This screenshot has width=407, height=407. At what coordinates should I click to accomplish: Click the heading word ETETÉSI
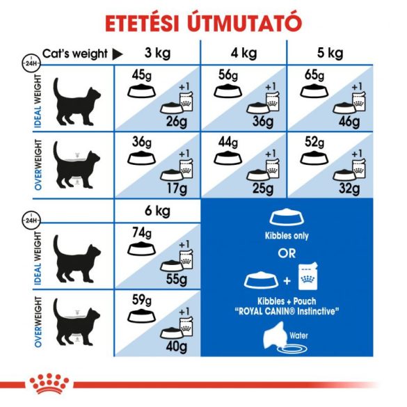click(x=145, y=22)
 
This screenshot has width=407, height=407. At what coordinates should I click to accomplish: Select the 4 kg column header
click(x=244, y=54)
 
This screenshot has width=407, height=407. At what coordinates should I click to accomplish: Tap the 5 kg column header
click(x=330, y=54)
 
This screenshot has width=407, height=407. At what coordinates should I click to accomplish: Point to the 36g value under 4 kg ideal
click(x=262, y=122)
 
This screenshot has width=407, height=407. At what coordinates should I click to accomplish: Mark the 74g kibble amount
click(x=143, y=232)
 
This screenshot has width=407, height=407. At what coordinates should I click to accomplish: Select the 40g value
click(x=175, y=346)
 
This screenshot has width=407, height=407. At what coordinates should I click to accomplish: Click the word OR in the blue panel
click(x=287, y=253)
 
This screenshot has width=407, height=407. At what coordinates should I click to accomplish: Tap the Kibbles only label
click(x=287, y=236)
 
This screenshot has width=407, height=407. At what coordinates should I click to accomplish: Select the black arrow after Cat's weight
click(x=118, y=54)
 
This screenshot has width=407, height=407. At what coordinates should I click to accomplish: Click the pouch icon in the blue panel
click(x=308, y=277)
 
